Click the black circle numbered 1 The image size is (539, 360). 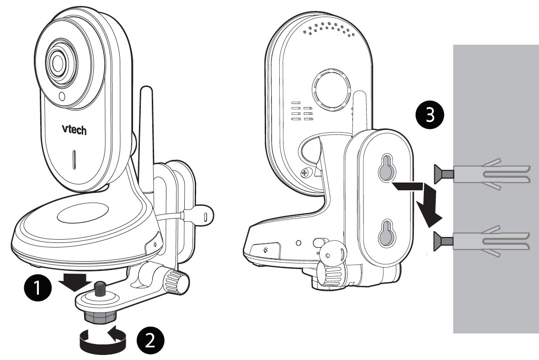pos(38,287)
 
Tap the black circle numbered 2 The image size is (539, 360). pos(150,341)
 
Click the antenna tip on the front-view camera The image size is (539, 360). pos(147,89)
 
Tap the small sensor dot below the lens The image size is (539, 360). pos(62,96)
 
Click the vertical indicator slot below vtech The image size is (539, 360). pos(74,160)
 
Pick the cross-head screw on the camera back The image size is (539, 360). pos(304,172)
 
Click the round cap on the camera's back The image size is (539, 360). pos(331,89)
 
